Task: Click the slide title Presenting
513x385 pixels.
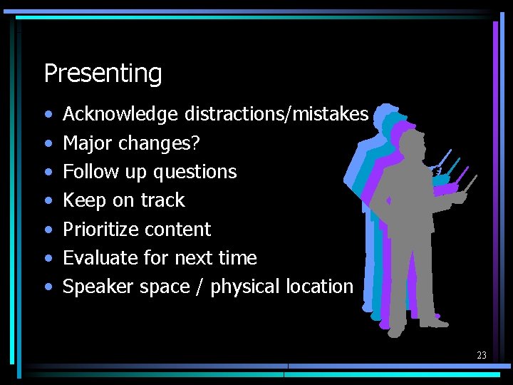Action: [x=103, y=73]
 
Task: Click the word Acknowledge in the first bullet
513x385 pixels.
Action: [x=121, y=114]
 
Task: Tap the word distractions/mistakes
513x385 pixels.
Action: [x=276, y=114]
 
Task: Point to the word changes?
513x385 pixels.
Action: [x=160, y=143]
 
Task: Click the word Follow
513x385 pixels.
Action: [x=90, y=172]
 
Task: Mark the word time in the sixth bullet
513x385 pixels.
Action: [x=237, y=258]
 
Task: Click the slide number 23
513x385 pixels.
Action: [x=482, y=355]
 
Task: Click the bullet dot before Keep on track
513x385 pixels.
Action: [x=48, y=201]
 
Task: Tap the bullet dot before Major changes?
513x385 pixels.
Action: [x=48, y=144]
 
